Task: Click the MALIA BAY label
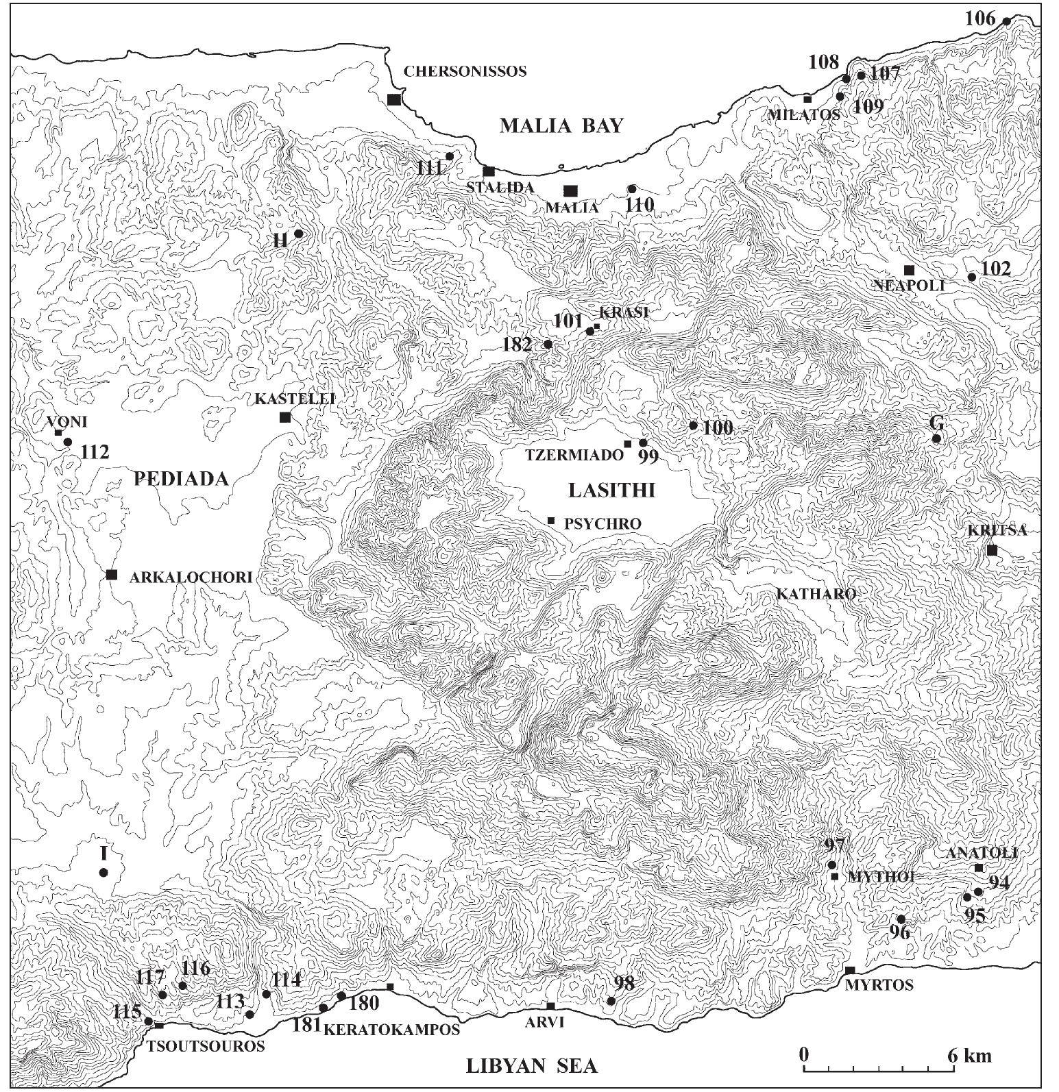pos(562,125)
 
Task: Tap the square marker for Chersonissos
pos(393,99)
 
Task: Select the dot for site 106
pos(1006,21)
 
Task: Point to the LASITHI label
pos(612,490)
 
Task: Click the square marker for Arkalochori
pos(112,574)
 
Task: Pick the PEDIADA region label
pos(181,479)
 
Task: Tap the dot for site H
pos(298,234)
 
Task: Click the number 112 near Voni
pos(95,452)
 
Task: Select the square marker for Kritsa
pos(992,550)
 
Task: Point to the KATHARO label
pos(816,594)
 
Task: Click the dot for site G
pos(936,438)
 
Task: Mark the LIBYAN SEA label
pos(531,1066)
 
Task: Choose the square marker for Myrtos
pos(850,970)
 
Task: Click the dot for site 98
pos(611,1001)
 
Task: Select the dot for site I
pos(104,872)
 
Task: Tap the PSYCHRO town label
pos(603,523)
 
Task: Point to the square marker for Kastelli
pos(285,417)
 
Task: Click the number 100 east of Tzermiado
pos(718,429)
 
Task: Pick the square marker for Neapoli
pos(909,270)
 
